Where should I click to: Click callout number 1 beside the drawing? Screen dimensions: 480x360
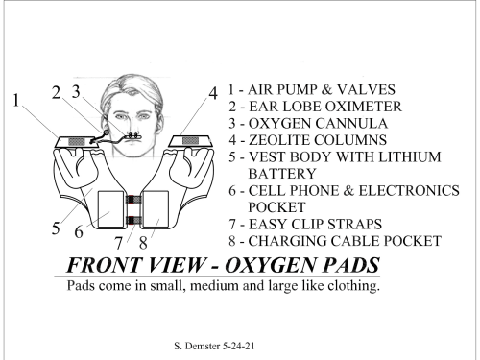coord(16,100)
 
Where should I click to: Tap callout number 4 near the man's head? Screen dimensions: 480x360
coord(213,93)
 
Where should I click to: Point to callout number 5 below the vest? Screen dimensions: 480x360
coord(56,228)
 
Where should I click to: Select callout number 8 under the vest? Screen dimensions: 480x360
coord(143,243)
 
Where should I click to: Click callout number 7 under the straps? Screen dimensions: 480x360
coord(119,243)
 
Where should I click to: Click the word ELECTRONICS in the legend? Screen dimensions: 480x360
coord(409,191)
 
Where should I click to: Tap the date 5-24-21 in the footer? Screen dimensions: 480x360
coord(238,346)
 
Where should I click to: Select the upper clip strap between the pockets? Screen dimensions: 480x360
coord(132,200)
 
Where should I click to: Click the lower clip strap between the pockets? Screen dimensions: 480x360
coord(132,220)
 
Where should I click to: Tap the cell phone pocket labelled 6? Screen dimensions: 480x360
coord(110,209)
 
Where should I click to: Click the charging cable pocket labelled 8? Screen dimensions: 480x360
coord(156,209)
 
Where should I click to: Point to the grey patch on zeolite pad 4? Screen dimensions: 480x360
coord(190,140)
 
